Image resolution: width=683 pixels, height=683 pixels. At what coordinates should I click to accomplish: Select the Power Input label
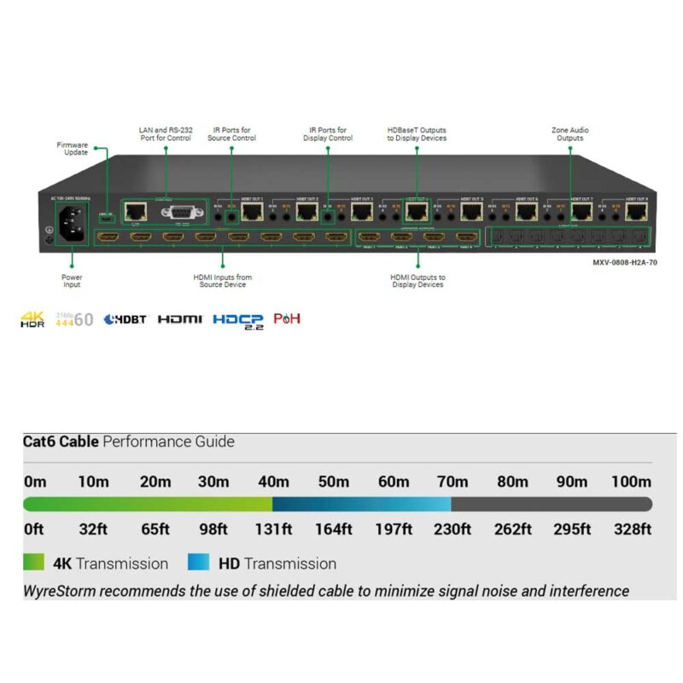click(73, 282)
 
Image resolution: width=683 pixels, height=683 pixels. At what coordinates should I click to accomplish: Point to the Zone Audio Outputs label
click(569, 134)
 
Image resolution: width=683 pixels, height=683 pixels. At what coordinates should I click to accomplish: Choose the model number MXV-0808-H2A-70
click(625, 262)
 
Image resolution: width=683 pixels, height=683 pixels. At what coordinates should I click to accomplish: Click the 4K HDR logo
click(32, 319)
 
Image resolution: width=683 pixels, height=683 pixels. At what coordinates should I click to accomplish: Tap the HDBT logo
click(125, 319)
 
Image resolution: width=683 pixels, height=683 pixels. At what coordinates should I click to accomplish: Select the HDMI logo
click(180, 319)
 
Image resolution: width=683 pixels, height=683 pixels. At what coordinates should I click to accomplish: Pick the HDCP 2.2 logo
click(238, 320)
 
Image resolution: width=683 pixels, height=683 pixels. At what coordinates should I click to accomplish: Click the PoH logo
click(287, 319)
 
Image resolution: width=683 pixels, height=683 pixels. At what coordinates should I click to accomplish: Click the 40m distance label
click(273, 482)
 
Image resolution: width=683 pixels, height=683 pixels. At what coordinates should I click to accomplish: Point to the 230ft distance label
click(452, 528)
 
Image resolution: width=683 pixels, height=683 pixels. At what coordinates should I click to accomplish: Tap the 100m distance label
click(632, 482)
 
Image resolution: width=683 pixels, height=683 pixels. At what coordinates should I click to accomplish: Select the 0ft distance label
click(34, 528)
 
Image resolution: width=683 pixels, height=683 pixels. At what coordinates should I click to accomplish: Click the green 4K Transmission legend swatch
click(34, 563)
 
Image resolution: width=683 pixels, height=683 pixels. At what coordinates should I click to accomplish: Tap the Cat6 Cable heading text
click(61, 442)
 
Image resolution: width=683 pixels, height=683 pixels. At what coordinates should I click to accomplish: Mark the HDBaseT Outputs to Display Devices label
click(417, 134)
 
